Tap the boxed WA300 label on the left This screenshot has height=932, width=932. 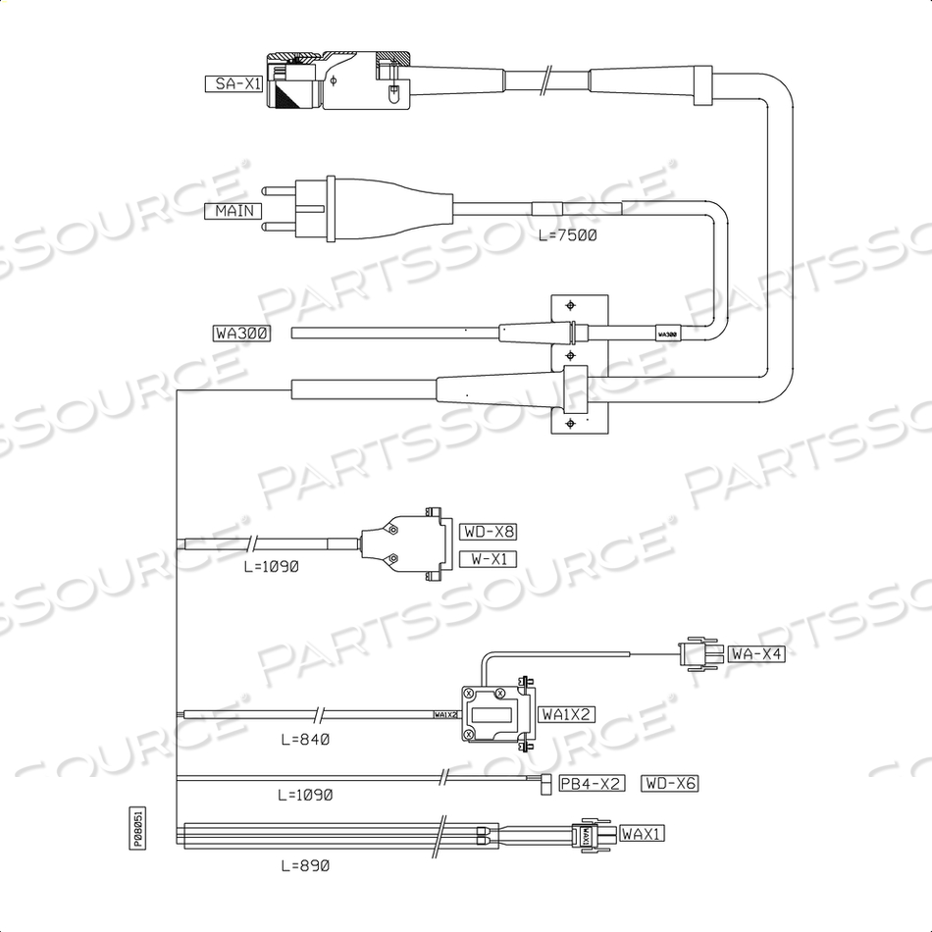tap(241, 333)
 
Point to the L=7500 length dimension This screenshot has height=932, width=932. tap(568, 235)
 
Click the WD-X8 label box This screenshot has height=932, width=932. tap(488, 532)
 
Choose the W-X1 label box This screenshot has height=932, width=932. tap(487, 559)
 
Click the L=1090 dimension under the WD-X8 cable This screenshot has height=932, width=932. tap(269, 566)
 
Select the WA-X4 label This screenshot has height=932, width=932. tap(756, 653)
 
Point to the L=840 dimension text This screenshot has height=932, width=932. tap(304, 738)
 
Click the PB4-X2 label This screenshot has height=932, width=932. tap(591, 783)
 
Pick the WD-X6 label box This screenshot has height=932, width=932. tap(670, 783)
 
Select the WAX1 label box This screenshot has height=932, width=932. tap(643, 834)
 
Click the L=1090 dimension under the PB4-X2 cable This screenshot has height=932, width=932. tap(305, 794)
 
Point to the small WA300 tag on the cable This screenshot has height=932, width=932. tap(667, 334)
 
